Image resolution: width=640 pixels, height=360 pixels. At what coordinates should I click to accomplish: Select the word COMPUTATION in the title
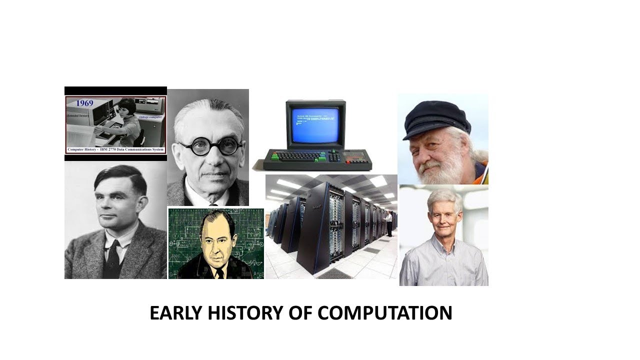[x=384, y=313]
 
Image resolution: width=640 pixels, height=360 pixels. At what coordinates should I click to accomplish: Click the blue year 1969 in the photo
[x=85, y=103]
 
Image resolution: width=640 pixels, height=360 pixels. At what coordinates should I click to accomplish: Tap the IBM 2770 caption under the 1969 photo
[x=115, y=149]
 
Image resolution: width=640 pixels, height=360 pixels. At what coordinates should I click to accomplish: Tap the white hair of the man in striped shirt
[x=443, y=196]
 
